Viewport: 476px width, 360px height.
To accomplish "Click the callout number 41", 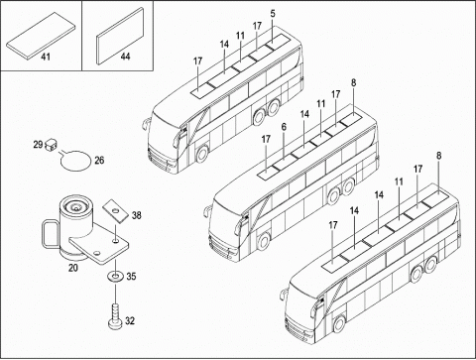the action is (x=46, y=57).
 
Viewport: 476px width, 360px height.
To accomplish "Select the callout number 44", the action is (x=125, y=57).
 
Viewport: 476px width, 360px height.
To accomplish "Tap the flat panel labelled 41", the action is (x=41, y=36).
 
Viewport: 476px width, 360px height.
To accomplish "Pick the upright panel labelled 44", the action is (x=120, y=36).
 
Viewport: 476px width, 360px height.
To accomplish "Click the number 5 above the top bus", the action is (x=273, y=14).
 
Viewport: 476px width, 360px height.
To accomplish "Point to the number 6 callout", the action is (x=284, y=127).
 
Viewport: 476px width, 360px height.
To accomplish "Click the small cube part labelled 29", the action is (x=51, y=145).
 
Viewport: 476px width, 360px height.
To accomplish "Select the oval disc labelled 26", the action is (x=75, y=161).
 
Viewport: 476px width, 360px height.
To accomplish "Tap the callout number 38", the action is (x=136, y=215).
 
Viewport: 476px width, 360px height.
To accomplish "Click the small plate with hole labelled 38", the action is (x=115, y=210).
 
